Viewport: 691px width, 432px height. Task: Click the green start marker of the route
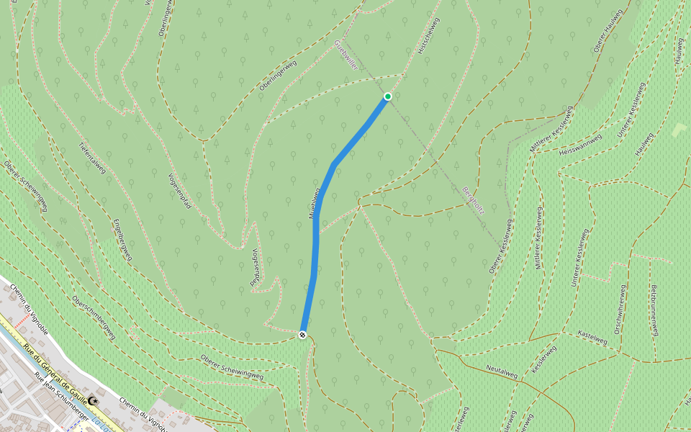coord(388,96)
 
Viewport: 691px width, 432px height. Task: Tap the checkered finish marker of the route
coord(302,334)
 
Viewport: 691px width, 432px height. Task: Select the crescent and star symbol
coord(93,398)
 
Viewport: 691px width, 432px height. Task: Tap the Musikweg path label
coord(312,205)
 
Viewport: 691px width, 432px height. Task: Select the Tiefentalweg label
coord(92,158)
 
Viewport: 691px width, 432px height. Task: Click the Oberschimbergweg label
coord(94,318)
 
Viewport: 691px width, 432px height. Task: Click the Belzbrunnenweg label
coord(655,310)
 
